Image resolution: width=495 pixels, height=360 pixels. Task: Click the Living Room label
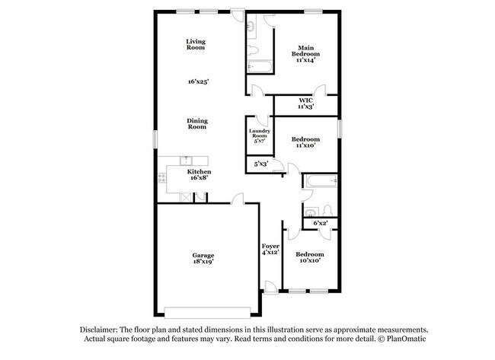pos(196,44)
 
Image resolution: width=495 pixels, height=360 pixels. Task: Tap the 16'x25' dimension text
pos(196,81)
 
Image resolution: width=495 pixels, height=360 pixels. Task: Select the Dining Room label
pos(197,123)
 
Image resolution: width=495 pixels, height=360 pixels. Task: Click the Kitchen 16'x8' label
pos(200,175)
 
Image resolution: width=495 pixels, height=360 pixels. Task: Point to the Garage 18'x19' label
pos(203,258)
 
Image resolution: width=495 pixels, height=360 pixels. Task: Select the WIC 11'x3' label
pos(306,104)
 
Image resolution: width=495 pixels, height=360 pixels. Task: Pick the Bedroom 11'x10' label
pos(306,142)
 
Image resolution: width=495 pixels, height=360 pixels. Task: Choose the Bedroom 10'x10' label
pos(309,257)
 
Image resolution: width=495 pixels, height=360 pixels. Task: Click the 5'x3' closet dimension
pos(260,164)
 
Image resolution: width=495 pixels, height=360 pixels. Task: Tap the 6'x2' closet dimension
pos(321,223)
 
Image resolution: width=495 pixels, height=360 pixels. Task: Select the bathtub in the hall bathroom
pos(320,181)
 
